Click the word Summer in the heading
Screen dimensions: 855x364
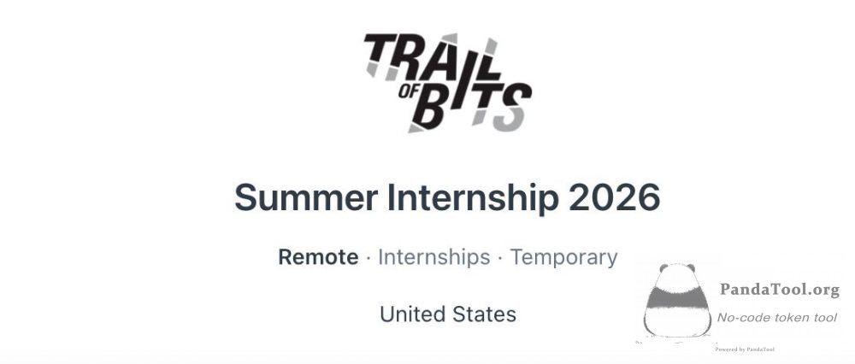[306, 197]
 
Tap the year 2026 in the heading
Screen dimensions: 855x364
[615, 197]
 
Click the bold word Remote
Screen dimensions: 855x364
[318, 256]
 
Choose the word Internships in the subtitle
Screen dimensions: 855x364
[434, 256]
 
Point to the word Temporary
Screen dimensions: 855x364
[563, 257]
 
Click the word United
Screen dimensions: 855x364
[413, 314]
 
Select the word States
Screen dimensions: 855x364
[484, 314]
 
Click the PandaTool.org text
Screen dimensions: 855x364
[779, 290]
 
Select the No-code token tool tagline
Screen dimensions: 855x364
[776, 318]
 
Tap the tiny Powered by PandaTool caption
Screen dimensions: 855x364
[745, 349]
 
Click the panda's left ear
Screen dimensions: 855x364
[663, 268]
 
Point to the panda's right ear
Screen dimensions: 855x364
[690, 267]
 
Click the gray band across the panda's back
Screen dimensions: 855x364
[677, 298]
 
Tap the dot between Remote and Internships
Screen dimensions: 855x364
[369, 257]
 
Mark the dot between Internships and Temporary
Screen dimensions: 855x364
[500, 257]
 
